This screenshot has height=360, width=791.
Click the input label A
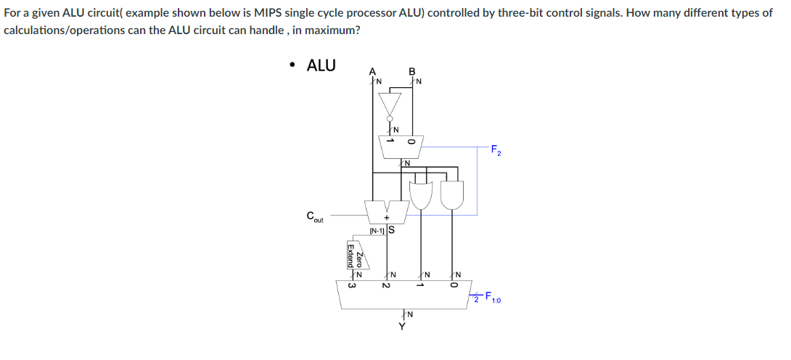pyautogui.click(x=373, y=70)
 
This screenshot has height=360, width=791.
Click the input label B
pyautogui.click(x=412, y=71)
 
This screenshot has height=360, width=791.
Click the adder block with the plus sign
pyautogui.click(x=386, y=213)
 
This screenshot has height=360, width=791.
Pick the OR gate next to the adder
pyautogui.click(x=422, y=195)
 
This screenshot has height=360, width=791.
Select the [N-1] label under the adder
pyautogui.click(x=377, y=232)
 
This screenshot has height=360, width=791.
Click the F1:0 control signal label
pyautogui.click(x=495, y=296)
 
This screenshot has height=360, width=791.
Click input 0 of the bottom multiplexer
pyautogui.click(x=454, y=285)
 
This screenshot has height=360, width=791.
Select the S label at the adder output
pyautogui.click(x=391, y=231)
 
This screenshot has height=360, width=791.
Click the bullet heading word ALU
pyautogui.click(x=321, y=65)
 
